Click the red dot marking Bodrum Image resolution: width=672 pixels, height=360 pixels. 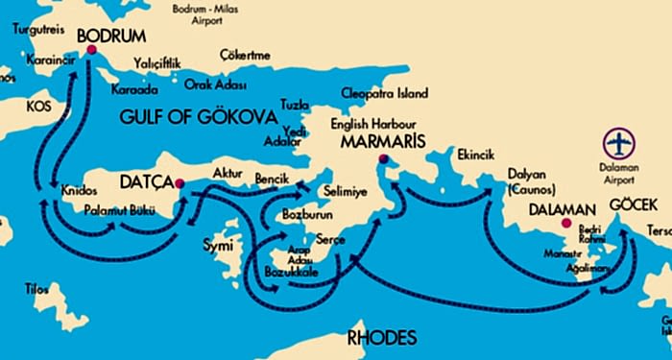(92, 50)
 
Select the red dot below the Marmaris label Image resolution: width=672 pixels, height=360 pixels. (384, 159)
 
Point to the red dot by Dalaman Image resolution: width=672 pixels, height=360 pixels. (566, 224)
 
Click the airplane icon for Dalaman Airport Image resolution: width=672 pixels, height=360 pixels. (620, 144)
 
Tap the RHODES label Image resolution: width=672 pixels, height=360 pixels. (382, 338)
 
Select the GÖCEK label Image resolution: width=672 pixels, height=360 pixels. (632, 205)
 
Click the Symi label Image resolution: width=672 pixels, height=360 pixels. (220, 246)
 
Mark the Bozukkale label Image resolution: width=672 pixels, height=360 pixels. (291, 273)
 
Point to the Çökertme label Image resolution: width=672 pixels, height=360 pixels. (245, 55)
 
